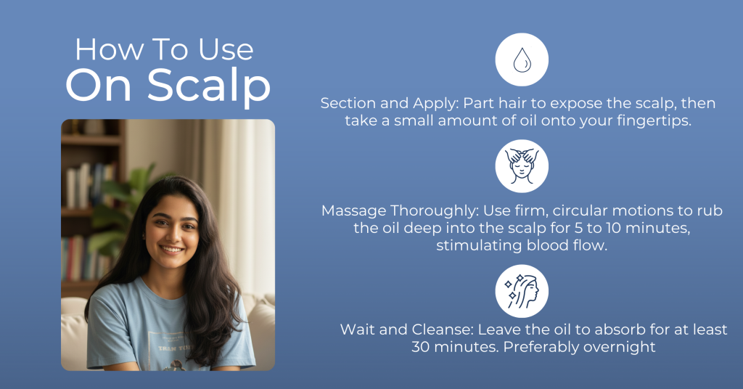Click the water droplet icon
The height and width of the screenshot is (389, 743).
(522, 60)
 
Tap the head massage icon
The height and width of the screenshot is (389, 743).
(522, 166)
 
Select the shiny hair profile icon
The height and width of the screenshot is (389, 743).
(522, 292)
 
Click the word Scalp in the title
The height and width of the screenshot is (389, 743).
(209, 86)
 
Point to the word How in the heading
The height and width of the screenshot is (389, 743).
(109, 50)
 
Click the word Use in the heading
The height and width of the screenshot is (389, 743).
(226, 50)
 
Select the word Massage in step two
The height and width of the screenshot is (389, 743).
(353, 210)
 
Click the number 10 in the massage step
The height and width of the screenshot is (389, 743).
(613, 228)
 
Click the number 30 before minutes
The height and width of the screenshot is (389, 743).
(420, 347)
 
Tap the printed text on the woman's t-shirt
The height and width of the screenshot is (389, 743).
(174, 348)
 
